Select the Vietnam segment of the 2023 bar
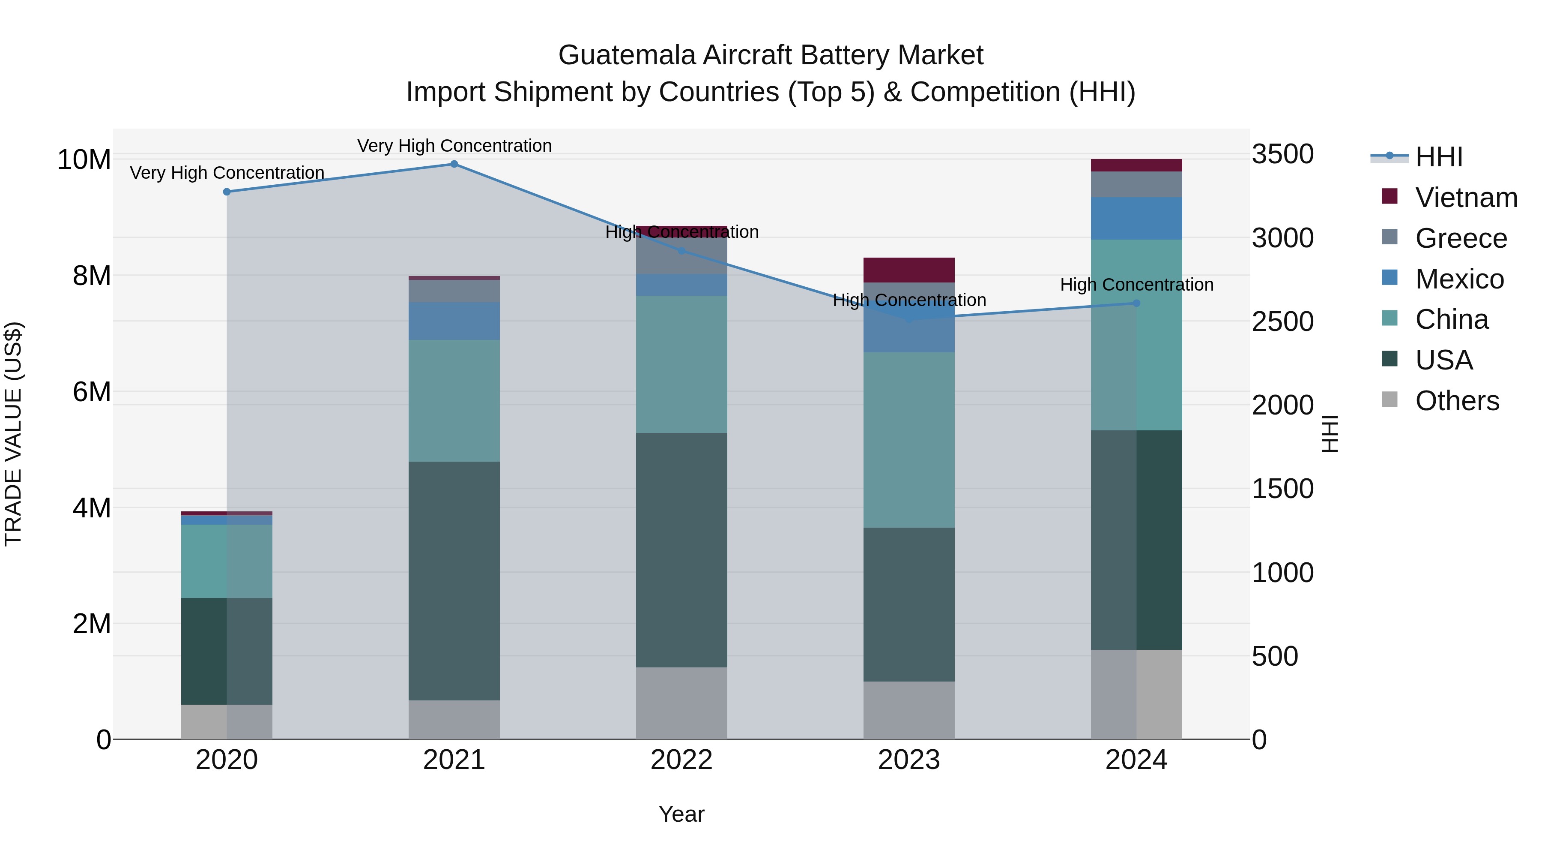(x=908, y=270)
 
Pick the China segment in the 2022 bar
(x=681, y=364)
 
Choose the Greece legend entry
(x=1461, y=238)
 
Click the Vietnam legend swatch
(x=1390, y=196)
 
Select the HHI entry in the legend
(x=1438, y=157)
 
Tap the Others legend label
(x=1457, y=401)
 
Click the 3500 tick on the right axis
(x=1283, y=155)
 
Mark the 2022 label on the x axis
(x=681, y=760)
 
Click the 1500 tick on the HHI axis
(x=1283, y=489)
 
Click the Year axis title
(x=681, y=814)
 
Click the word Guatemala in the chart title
(x=627, y=56)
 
